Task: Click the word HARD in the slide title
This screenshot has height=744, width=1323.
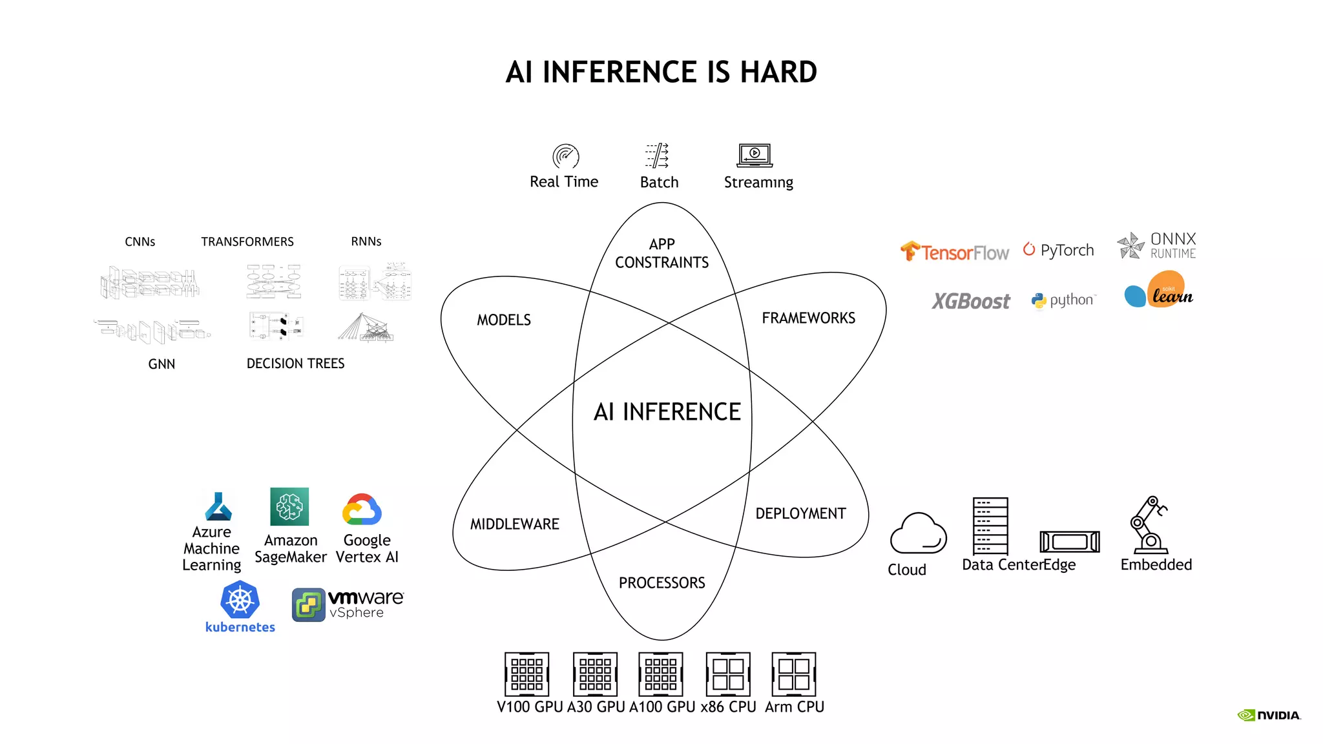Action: (778, 72)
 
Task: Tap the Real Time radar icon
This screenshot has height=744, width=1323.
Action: (565, 156)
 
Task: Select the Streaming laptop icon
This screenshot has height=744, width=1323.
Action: (755, 155)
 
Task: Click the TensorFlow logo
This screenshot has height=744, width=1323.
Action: (954, 251)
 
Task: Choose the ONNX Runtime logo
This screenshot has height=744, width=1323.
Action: (1157, 245)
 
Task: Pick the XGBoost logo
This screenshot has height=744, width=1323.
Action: (970, 301)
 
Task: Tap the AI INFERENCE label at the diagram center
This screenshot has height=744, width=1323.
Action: (667, 412)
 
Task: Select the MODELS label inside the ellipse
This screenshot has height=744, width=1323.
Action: (504, 320)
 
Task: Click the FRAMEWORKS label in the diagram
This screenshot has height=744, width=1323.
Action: (808, 318)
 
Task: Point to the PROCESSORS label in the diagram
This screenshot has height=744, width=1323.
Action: (661, 583)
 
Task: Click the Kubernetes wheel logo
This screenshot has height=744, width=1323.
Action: (240, 600)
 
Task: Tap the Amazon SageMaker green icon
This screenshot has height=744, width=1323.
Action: (289, 507)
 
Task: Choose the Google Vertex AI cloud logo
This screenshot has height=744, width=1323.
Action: (362, 510)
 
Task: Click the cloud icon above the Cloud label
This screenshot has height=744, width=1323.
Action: (918, 533)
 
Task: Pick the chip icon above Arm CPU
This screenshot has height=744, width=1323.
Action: (794, 674)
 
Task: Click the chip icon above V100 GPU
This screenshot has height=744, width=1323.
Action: (527, 674)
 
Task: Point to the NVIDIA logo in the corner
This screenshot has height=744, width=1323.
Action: (1269, 715)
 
